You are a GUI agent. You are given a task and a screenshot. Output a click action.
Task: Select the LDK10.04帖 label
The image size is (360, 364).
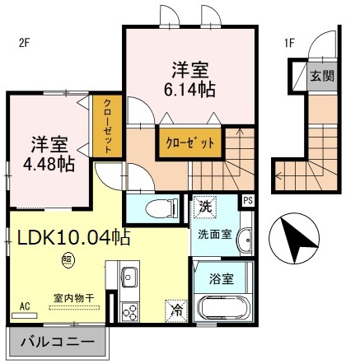pos(73,237)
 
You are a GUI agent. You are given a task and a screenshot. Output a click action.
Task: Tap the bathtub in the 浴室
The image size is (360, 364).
pos(220,310)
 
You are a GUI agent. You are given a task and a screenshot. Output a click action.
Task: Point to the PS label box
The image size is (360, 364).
pos(247,200)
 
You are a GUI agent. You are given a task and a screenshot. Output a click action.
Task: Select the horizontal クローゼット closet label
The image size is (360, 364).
pos(189,142)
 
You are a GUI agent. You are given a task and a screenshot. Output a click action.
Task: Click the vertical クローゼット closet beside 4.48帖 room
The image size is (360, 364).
pos(106,125)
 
